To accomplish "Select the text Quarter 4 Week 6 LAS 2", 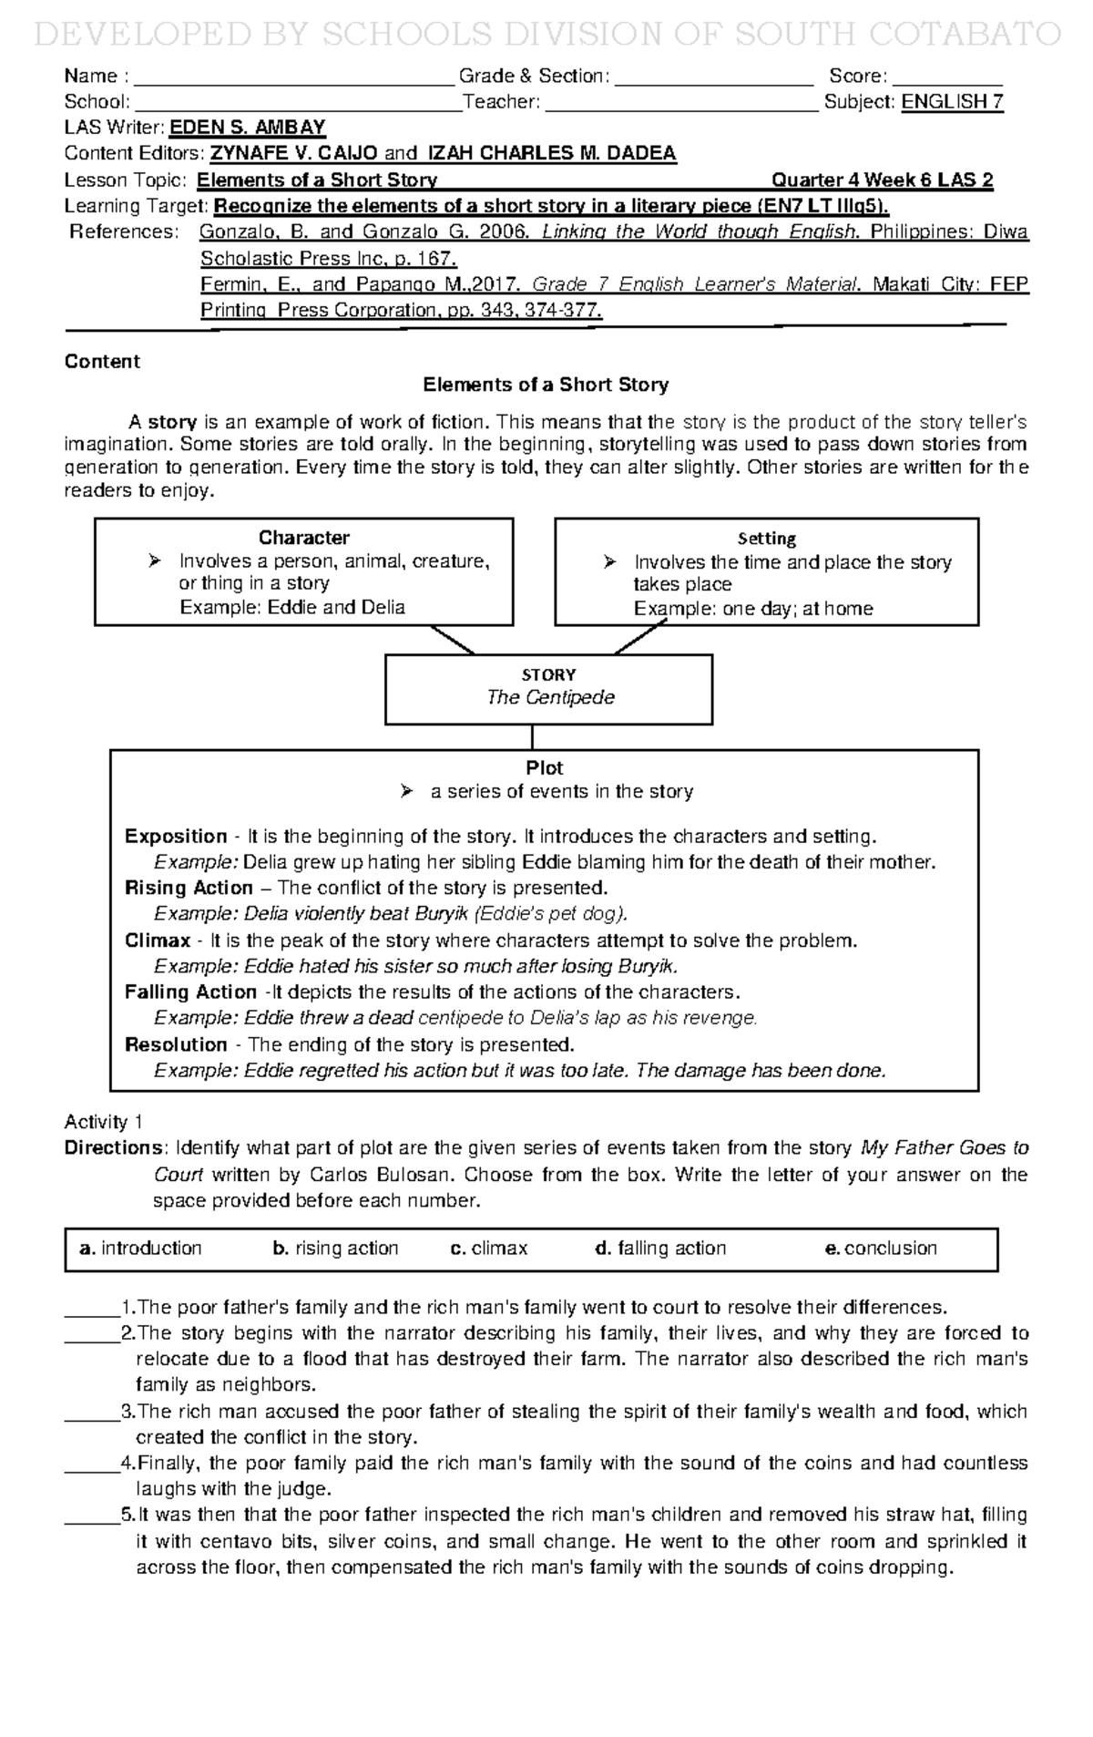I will coord(882,180).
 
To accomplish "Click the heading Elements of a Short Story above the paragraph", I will coord(546,385).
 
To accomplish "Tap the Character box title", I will coord(303,538).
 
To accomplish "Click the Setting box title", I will coord(767,539).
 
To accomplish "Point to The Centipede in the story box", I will coord(550,697).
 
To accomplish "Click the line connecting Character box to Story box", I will coord(452,640).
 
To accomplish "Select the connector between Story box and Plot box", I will coord(532,736).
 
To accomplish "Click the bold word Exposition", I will coord(176,837).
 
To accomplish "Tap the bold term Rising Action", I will coord(189,888).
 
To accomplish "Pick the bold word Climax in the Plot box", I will coord(158,940).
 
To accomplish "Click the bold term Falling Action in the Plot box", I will coord(190,992).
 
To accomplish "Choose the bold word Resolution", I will coord(176,1044).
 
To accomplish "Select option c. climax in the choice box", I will coord(489,1249).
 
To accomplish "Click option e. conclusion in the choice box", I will coord(880,1249).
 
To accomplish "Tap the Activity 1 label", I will coord(103,1122).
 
